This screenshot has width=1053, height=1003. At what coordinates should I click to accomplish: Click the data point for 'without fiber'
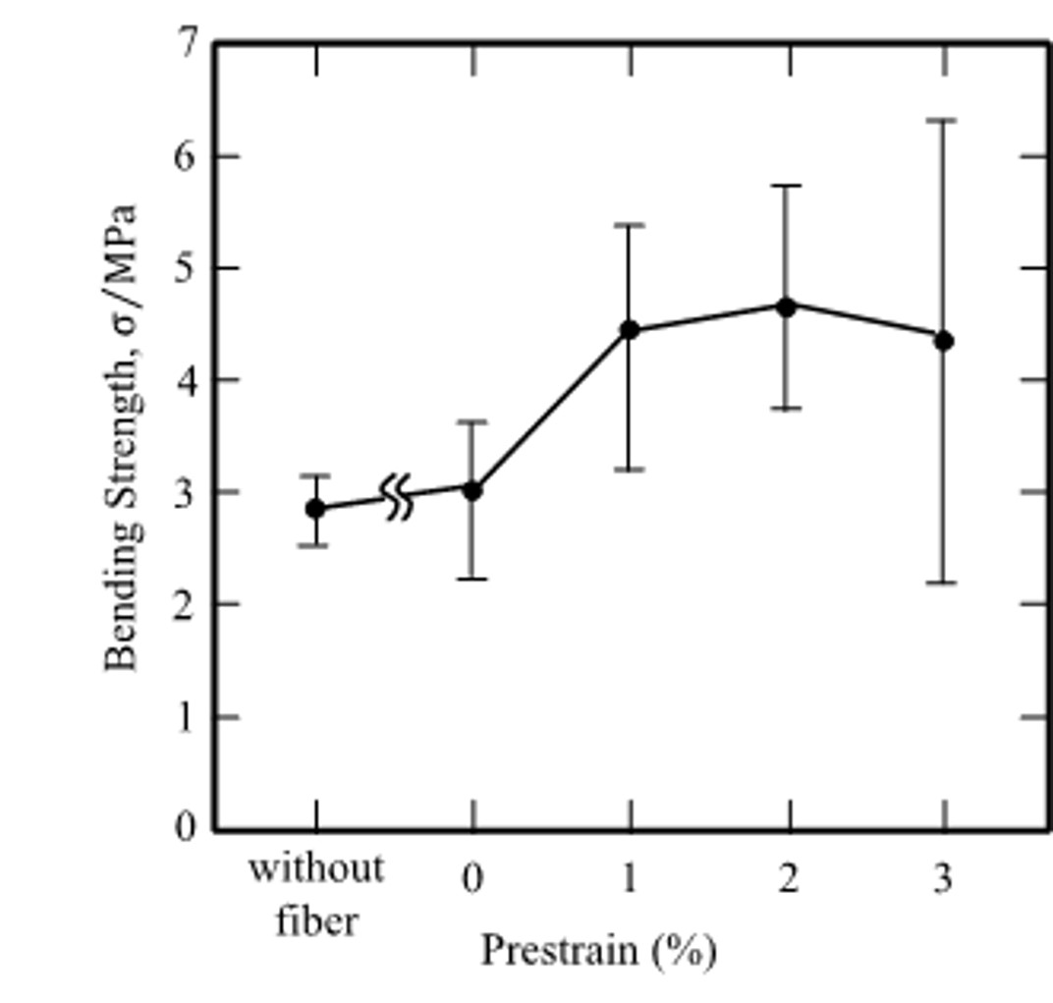315,508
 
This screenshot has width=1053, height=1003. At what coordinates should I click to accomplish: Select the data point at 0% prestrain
472,489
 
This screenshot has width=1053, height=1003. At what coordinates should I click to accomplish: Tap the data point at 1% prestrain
630,330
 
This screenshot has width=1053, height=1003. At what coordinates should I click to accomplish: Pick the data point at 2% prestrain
786,306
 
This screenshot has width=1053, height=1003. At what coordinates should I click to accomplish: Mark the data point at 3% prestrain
943,341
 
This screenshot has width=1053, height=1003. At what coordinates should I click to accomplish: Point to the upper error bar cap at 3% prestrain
943,120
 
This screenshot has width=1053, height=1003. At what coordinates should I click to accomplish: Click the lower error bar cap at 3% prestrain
943,583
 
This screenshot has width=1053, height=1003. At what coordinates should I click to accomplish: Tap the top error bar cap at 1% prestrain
630,225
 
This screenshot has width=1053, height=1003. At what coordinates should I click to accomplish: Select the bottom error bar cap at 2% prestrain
786,408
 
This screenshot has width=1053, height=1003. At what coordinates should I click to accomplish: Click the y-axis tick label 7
188,44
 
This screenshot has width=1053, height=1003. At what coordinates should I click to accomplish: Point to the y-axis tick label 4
188,380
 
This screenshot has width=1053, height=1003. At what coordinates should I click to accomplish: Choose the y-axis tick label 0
188,828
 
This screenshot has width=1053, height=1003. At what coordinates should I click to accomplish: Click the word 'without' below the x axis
315,869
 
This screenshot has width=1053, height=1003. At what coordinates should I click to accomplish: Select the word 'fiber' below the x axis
315,921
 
